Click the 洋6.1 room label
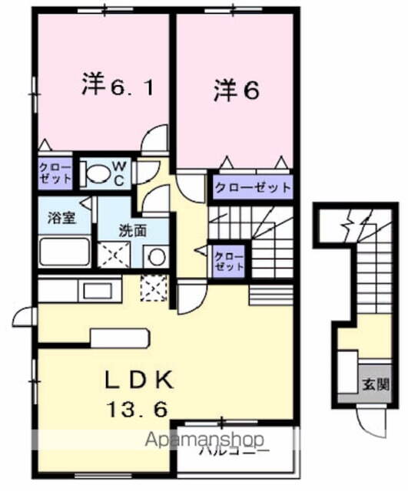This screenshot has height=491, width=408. click(x=117, y=86)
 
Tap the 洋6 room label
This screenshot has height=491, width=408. click(x=236, y=90)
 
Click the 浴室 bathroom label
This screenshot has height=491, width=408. click(x=57, y=218)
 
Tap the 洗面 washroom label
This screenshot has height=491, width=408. click(x=132, y=229)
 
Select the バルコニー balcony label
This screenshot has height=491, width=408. click(x=234, y=451)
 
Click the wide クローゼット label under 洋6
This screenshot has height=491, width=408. click(x=252, y=187)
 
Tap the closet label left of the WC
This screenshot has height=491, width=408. click(x=55, y=173)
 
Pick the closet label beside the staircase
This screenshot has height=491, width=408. click(x=228, y=261)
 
